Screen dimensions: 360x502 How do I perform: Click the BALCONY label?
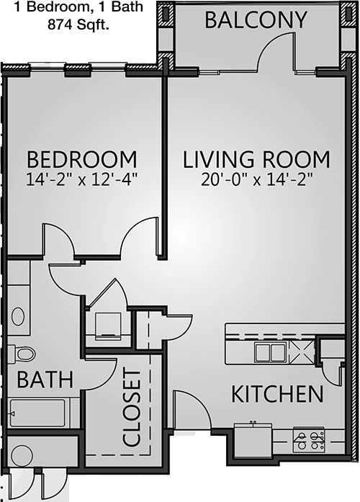point(256,20)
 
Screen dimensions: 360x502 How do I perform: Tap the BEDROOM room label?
point(81,159)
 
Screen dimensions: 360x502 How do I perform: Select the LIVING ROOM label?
point(256,159)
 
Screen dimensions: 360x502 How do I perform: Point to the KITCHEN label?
point(277,394)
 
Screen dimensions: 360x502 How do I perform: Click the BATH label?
point(45,380)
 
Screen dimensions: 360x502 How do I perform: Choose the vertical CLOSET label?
point(132,408)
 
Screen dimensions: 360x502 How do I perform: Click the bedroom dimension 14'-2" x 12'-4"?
point(81,180)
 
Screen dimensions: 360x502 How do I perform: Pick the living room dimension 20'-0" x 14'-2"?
point(256,180)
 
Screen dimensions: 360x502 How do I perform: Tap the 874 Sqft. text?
point(78,24)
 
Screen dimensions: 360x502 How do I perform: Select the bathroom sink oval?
point(18,316)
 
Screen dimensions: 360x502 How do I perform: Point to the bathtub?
point(37,413)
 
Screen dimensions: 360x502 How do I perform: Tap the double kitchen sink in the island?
point(271,352)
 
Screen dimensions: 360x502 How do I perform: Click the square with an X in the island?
point(302,352)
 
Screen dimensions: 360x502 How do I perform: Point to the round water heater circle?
point(22,455)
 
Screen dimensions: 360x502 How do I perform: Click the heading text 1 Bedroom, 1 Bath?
point(78,7)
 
